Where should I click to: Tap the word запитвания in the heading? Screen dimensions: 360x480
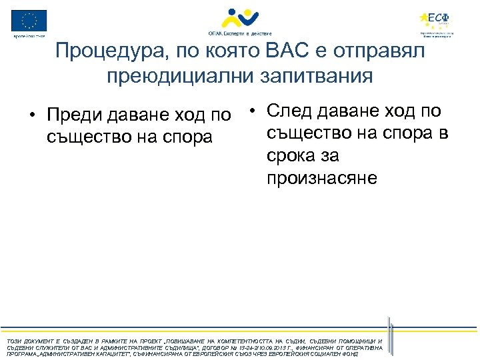pyautogui.click(x=316, y=75)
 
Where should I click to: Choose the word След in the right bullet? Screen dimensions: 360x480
pyautogui.click(x=292, y=110)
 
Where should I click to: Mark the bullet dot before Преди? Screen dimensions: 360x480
pyautogui.click(x=32, y=115)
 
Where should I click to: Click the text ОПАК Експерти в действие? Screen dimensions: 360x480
pyautogui.click(x=239, y=33)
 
